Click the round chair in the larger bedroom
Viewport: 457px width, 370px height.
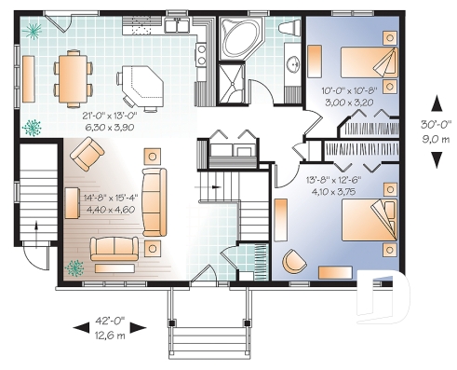coord(295,261)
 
